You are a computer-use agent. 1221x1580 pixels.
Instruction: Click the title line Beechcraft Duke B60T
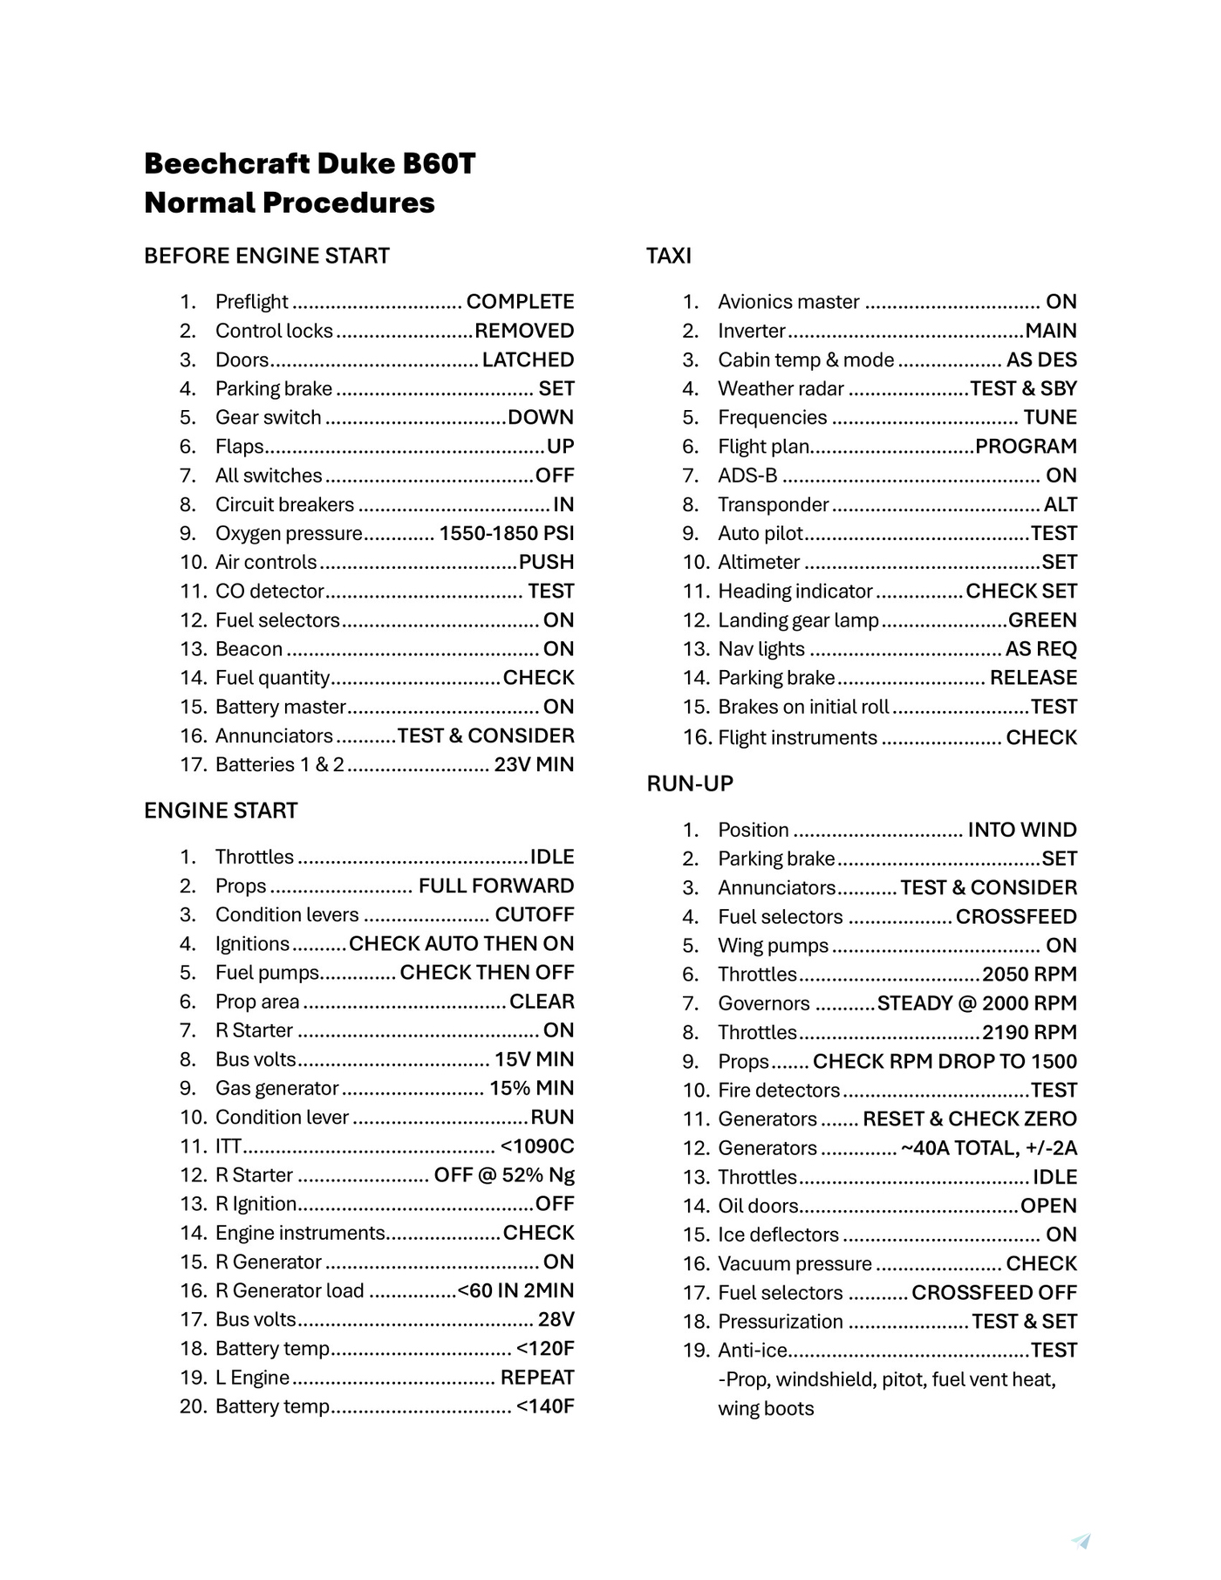(310, 163)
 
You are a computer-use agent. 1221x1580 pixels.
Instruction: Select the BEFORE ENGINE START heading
(266, 256)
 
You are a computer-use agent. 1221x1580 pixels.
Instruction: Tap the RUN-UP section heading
(690, 783)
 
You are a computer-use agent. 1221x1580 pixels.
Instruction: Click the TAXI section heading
(668, 256)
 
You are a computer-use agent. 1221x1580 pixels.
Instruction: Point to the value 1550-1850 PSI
(506, 533)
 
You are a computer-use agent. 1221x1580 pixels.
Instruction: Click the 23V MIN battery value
(534, 764)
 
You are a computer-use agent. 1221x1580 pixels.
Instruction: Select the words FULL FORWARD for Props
(495, 886)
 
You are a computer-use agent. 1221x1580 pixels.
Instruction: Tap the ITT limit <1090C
(536, 1146)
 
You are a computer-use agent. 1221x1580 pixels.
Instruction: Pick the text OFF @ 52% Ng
(504, 1174)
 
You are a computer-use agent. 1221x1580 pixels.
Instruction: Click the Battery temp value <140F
(544, 1406)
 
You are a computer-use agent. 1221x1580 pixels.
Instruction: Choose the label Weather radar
(781, 388)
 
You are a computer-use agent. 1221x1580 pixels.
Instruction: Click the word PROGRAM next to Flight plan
(1026, 446)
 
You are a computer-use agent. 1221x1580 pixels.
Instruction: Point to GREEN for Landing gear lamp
(1042, 619)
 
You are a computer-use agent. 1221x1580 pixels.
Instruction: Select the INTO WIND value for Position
(1021, 829)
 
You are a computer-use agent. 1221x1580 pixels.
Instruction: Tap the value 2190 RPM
(1029, 1032)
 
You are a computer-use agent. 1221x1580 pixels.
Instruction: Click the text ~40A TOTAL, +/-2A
(988, 1147)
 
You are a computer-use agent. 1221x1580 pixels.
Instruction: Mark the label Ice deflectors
(778, 1235)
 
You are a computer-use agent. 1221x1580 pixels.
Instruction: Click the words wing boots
(766, 1408)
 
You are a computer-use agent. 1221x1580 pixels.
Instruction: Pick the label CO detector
(269, 591)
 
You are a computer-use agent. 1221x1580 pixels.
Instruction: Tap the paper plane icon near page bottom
(1081, 1541)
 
